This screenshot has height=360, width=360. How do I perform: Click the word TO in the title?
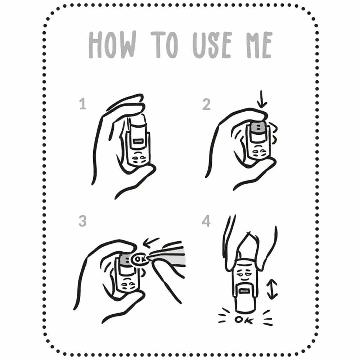[x=165, y=45]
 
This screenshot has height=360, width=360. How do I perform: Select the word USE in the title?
[x=212, y=45]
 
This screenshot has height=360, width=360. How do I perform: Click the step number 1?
[x=83, y=104]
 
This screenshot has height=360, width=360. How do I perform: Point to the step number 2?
[x=206, y=104]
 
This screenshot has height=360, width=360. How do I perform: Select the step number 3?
[x=82, y=221]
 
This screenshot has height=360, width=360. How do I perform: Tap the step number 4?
[x=206, y=221]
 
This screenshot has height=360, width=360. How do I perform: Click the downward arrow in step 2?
[x=261, y=99]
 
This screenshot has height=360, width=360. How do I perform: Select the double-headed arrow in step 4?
[x=272, y=289]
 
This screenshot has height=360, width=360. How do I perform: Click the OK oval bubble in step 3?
[x=140, y=260]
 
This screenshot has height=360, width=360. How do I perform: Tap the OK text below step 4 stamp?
[x=244, y=320]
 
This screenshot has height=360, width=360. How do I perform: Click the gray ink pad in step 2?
[x=258, y=128]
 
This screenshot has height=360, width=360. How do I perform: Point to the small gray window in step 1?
[x=138, y=141]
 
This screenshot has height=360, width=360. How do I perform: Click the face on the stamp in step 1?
[x=138, y=157]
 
